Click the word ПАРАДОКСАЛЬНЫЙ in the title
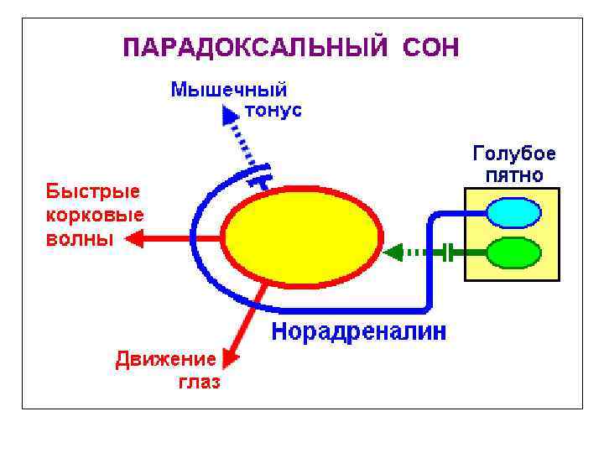(255, 47)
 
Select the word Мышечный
(229, 90)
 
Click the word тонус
(273, 110)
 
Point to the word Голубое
(514, 155)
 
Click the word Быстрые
(92, 191)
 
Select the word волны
(78, 238)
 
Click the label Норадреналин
(359, 331)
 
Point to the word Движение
(165, 360)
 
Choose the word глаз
(199, 383)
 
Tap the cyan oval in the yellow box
(513, 213)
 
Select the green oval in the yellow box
(513, 252)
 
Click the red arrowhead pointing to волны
(133, 239)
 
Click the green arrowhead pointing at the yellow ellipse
(392, 252)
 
